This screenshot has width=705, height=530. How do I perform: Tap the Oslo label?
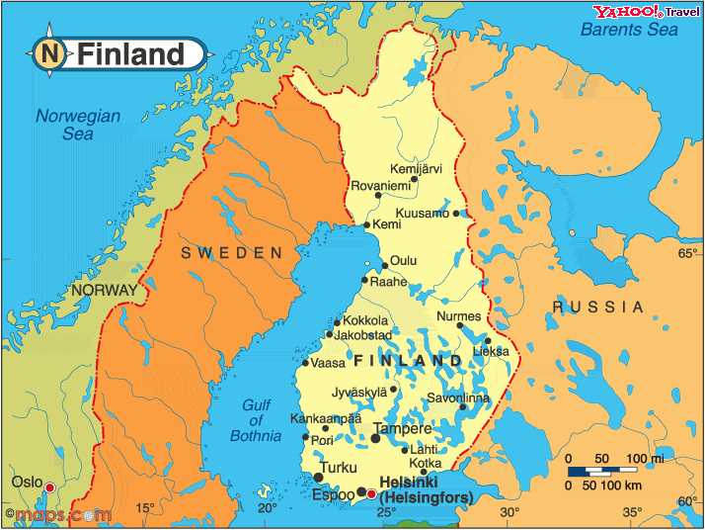coord(27,482)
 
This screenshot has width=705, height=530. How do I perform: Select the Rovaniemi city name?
coord(379,185)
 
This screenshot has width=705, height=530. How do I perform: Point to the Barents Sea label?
coord(628,30)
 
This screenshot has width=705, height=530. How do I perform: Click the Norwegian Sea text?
coord(78,125)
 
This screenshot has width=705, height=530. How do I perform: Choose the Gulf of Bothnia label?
coord(256,419)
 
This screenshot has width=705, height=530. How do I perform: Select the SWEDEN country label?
coord(232,253)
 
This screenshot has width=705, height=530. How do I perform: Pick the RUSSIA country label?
coord(597,308)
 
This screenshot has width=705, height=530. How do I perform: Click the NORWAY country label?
coord(104,291)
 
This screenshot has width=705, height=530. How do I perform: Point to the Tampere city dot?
coord(375,437)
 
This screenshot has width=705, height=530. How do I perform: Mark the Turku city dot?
coord(318,478)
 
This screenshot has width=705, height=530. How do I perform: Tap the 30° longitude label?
coord(509,511)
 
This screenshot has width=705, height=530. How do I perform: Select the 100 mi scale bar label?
coord(644,459)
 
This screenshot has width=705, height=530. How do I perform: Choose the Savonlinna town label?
coord(457,398)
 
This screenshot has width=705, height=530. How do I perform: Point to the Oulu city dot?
coord(385,266)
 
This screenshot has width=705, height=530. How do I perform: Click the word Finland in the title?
coord(131,53)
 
